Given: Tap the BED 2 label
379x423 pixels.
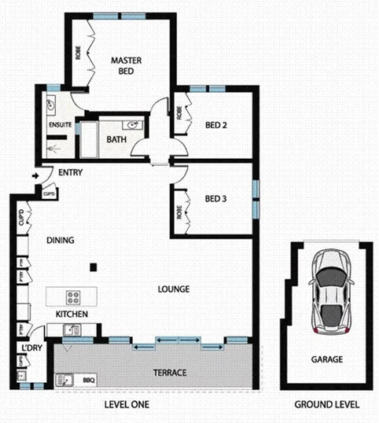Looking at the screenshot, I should (216, 124).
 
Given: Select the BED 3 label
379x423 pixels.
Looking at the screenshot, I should (216, 199).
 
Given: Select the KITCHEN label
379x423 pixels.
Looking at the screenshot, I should (71, 314).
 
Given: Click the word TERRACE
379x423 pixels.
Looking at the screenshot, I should (169, 372).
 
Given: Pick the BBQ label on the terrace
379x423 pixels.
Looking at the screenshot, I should (88, 381).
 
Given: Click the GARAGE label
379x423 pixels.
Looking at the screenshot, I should (326, 359).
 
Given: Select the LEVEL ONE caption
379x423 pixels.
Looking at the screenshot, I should (127, 405).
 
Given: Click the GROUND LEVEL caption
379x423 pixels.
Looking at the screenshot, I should (327, 405).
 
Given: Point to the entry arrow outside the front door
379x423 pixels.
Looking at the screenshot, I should (35, 177).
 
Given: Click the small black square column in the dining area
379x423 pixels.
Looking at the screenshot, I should (93, 266).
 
